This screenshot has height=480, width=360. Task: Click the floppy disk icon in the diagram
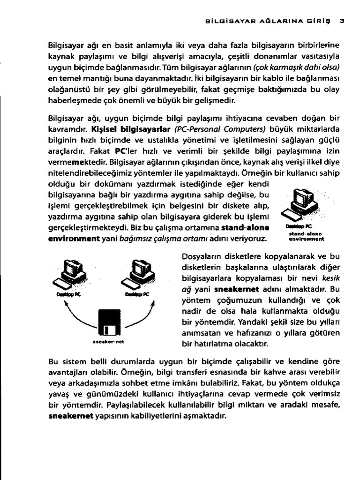(x=109, y=322)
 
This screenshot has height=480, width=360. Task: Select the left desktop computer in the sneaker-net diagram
(x=72, y=273)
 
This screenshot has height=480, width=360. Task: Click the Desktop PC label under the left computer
(x=68, y=295)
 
